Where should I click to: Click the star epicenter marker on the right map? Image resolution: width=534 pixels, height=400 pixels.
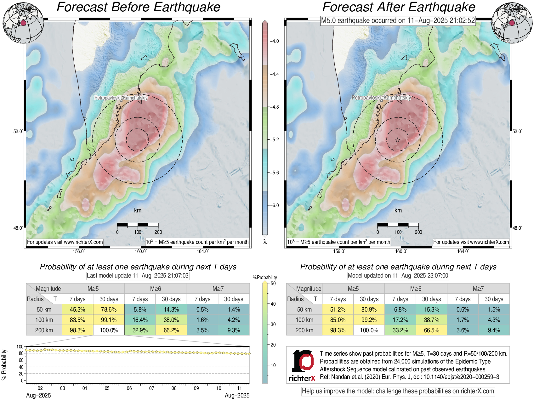pyautogui.click(x=398, y=140)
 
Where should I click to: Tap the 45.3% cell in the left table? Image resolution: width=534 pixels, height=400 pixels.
pyautogui.click(x=77, y=309)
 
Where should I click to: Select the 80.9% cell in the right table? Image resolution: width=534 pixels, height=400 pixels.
pyautogui.click(x=369, y=309)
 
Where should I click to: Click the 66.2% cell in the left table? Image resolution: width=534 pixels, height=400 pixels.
pyautogui.click(x=171, y=330)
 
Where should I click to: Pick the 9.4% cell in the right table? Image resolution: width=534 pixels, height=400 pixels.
pyautogui.click(x=494, y=330)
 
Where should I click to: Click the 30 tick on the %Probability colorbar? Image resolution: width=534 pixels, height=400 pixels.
pyautogui.click(x=273, y=324)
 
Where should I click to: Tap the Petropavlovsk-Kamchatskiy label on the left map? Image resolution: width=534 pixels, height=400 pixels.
pyautogui.click(x=121, y=98)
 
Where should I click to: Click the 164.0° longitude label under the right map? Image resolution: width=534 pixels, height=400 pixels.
pyautogui.click(x=463, y=251)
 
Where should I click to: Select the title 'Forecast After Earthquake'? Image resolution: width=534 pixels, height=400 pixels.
pyautogui.click(x=399, y=7)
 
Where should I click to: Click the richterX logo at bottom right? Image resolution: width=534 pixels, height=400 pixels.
pyautogui.click(x=302, y=365)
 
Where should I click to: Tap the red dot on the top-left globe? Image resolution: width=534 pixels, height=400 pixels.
pyautogui.click(x=23, y=23)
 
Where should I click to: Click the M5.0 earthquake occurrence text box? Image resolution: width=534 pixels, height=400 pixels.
pyautogui.click(x=398, y=21)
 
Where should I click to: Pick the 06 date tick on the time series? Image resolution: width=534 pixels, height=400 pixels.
pyautogui.click(x=129, y=388)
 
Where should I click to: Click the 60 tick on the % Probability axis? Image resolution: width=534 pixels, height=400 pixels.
pyautogui.click(x=21, y=360)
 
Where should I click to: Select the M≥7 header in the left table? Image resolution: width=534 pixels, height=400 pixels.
pyautogui.click(x=218, y=289)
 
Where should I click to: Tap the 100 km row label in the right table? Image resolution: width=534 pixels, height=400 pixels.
pyautogui.click(x=304, y=320)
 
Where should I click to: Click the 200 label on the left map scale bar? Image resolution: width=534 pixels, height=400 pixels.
pyautogui.click(x=158, y=232)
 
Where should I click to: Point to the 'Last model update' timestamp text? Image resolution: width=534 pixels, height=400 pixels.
pyautogui.click(x=138, y=276)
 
